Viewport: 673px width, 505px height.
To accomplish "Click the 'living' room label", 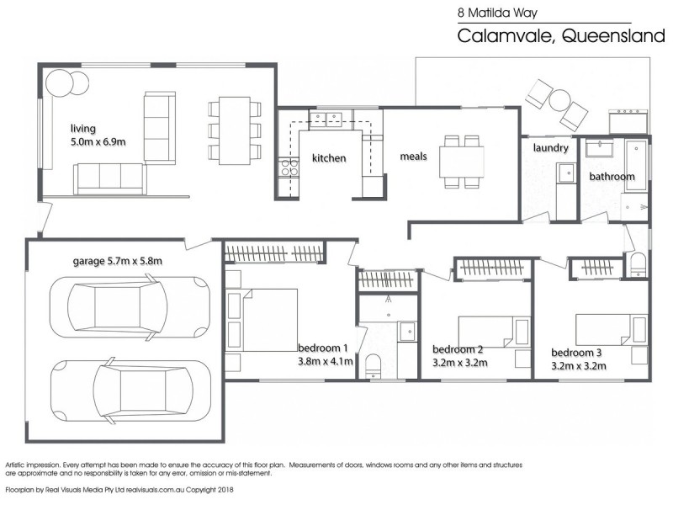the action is (x=82, y=129).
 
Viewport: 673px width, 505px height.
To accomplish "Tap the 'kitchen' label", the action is (x=329, y=158).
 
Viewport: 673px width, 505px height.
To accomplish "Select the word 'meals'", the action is (x=413, y=157).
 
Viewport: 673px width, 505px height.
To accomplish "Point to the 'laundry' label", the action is (x=551, y=148).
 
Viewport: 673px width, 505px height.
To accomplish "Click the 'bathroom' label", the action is (x=612, y=177).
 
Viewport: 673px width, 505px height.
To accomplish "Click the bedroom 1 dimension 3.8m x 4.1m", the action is (x=326, y=362).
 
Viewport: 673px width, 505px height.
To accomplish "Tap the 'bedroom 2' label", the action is (x=458, y=349).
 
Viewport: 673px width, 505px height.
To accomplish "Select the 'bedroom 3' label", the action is (x=576, y=353).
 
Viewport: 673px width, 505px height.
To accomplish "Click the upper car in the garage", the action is (x=130, y=307).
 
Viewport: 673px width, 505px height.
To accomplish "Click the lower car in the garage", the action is (x=130, y=391).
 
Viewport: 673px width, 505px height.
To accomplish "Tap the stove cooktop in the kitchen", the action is (x=289, y=167).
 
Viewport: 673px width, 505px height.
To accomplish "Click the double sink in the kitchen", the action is (x=326, y=118).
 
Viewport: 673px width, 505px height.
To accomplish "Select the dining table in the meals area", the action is (x=461, y=162).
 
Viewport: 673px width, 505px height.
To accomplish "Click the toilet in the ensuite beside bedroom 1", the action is (x=373, y=365).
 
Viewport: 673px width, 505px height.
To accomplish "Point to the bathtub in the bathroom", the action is (x=636, y=165).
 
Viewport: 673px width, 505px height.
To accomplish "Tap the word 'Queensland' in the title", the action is (x=613, y=35).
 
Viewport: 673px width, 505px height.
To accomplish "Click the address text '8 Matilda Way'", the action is (x=497, y=13).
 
